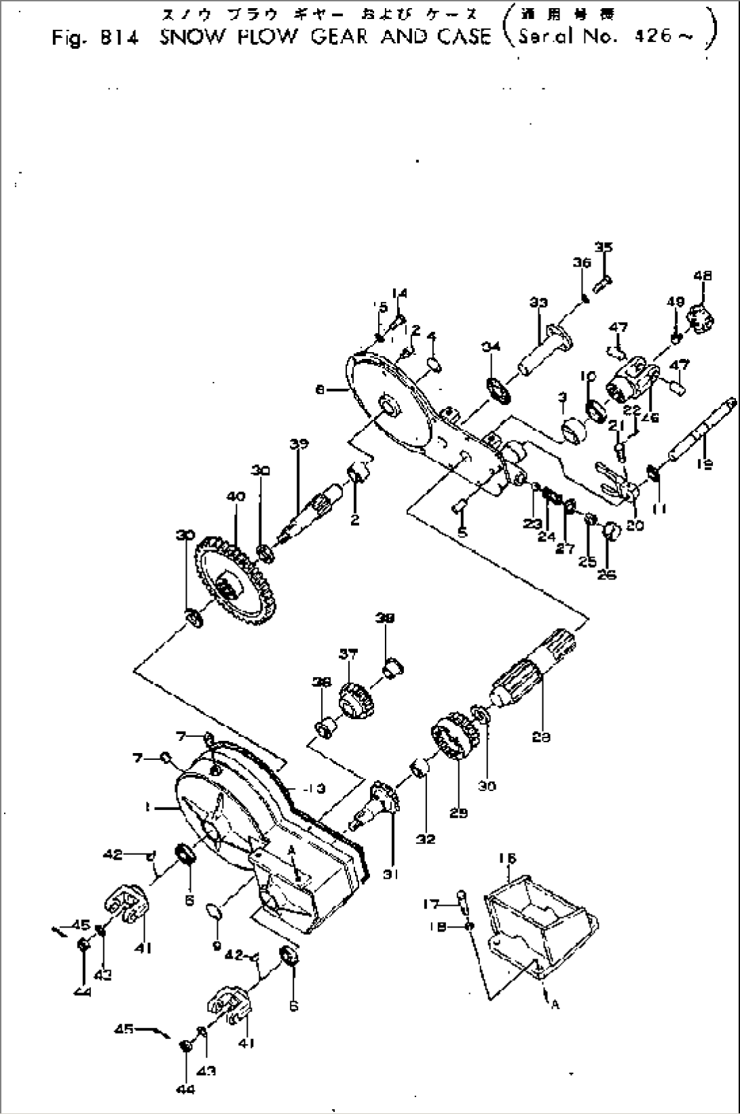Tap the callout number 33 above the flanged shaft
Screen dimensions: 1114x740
[538, 304]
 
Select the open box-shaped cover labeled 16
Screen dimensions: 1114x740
[543, 910]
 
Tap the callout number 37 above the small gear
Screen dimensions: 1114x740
[348, 654]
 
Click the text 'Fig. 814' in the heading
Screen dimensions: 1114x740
[95, 37]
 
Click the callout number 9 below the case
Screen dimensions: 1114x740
[215, 944]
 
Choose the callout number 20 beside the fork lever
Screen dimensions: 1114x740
[635, 525]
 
